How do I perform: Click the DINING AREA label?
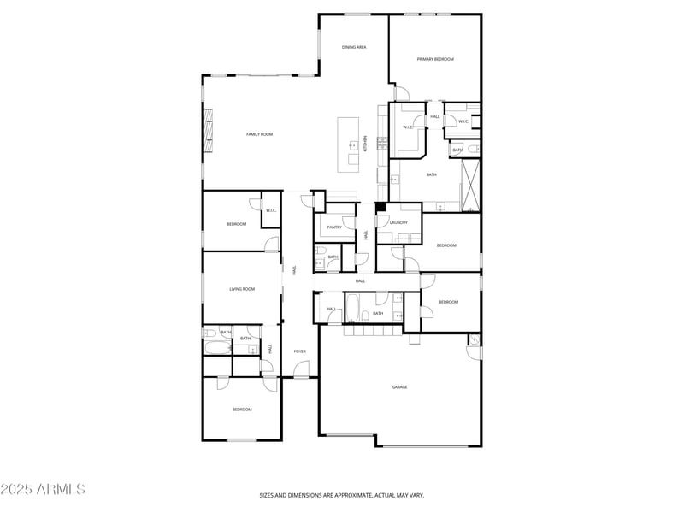[x=354, y=47]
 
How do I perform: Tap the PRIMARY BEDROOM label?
[x=435, y=59]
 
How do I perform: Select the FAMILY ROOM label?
[x=259, y=134]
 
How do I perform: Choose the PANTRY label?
[x=334, y=227]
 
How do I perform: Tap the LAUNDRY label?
[x=398, y=222]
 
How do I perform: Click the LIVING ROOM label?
[x=242, y=289]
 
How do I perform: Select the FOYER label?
[x=300, y=351]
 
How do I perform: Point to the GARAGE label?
[x=399, y=387]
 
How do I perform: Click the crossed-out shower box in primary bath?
[x=470, y=183]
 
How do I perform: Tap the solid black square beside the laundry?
[x=381, y=207]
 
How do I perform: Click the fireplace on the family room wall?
[x=207, y=137]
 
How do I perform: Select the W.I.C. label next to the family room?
[x=270, y=210]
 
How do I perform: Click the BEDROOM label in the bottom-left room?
[x=242, y=410]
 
